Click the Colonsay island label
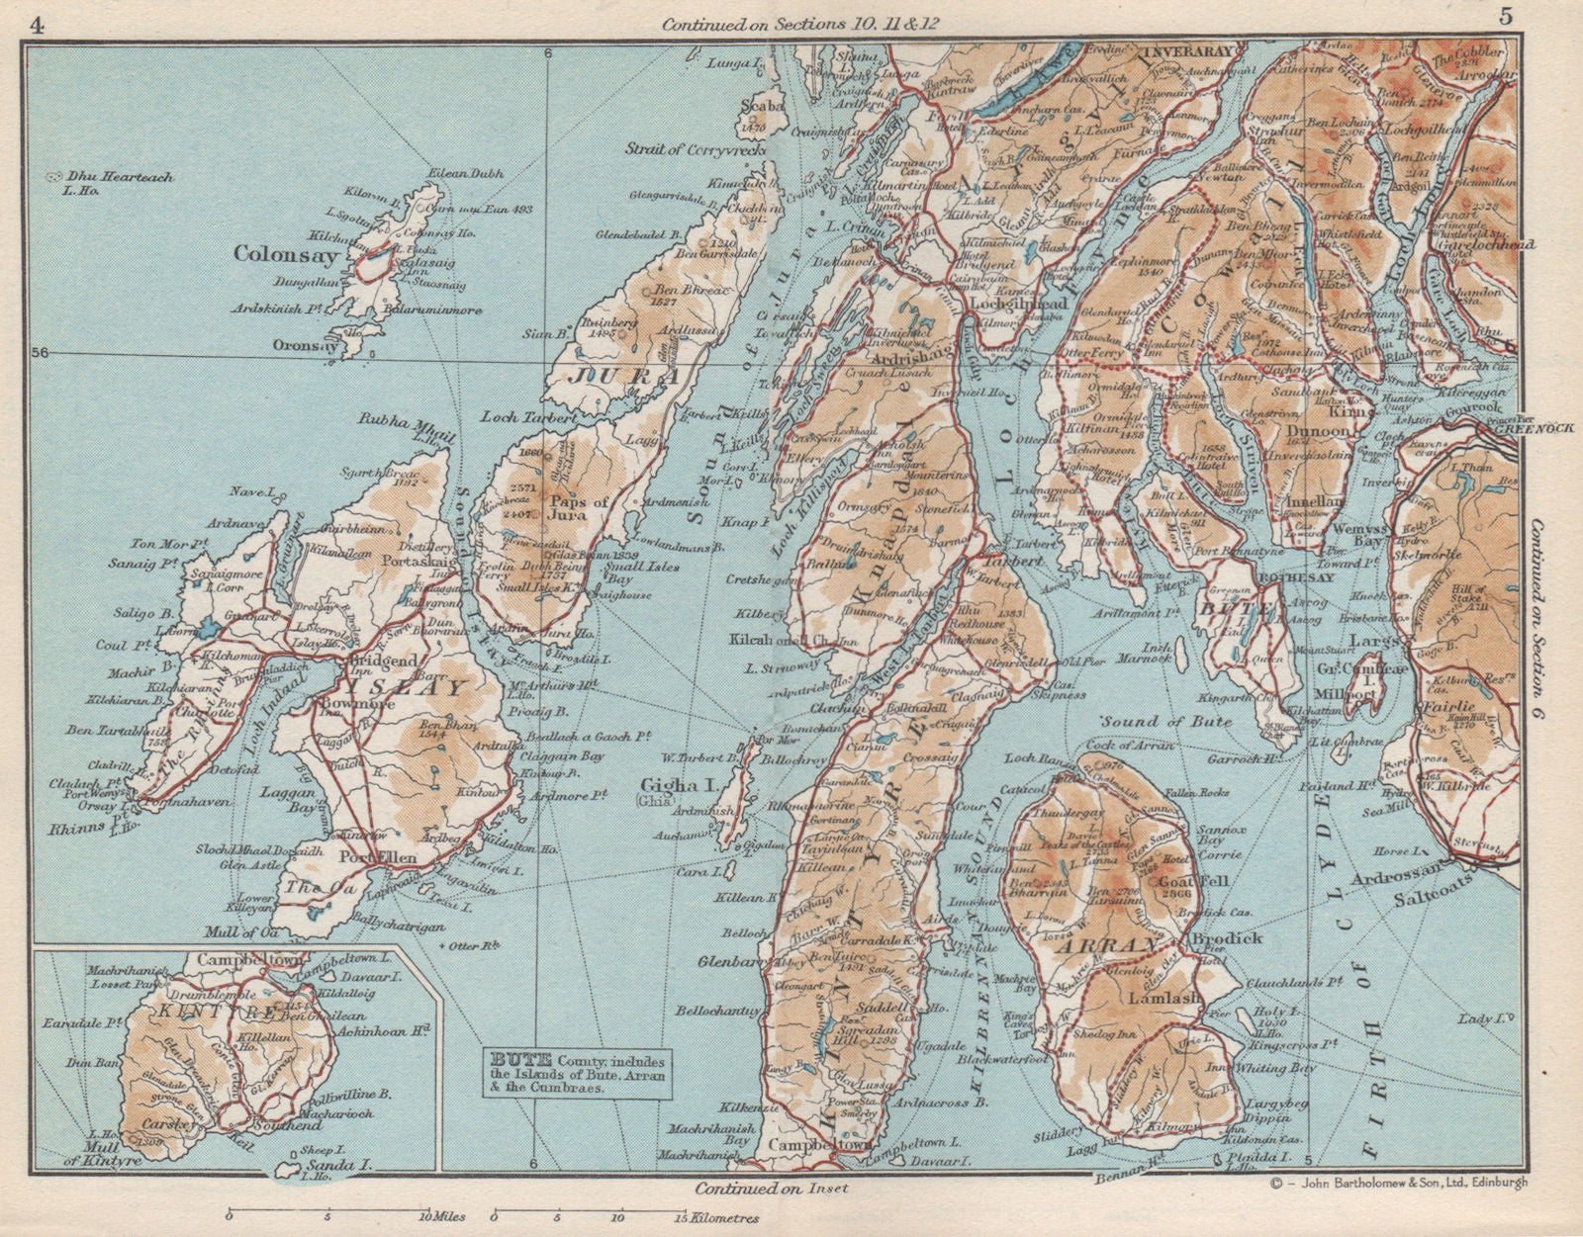pyautogui.click(x=286, y=254)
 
